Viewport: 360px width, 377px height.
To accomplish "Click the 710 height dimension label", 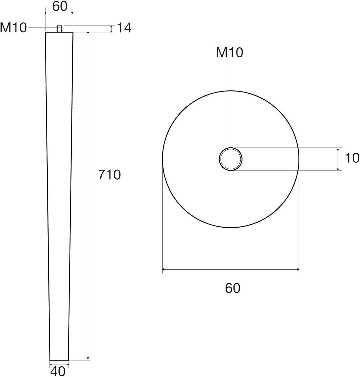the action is [109, 175].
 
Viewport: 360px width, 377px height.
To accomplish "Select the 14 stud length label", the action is [124, 28].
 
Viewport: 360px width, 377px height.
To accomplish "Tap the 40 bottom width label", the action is [58, 371].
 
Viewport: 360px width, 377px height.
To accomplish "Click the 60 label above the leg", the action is [60, 6].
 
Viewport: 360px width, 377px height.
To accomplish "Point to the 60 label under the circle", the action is [232, 288].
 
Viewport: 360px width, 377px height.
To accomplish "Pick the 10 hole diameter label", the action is [352, 158].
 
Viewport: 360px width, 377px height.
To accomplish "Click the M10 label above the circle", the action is [230, 52].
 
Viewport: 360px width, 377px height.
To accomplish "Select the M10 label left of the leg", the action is [13, 28].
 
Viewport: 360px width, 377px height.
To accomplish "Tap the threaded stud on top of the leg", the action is [59, 29].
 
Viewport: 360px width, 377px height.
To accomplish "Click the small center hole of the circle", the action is [230, 159].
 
